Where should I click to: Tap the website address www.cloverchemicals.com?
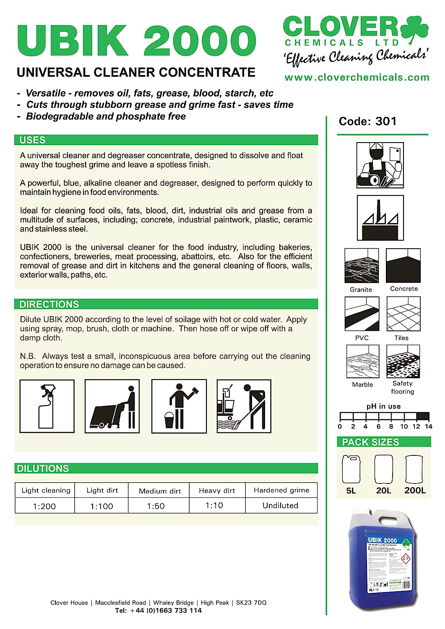click(x=357, y=78)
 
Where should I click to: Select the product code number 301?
click(x=386, y=122)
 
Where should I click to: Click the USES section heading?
click(x=33, y=140)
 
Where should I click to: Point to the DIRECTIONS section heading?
click(x=49, y=304)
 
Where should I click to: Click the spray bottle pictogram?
click(x=47, y=406)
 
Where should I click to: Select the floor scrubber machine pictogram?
click(x=112, y=406)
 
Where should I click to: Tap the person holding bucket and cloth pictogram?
click(x=179, y=406)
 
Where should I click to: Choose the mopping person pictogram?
click(x=244, y=406)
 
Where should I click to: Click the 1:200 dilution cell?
click(x=44, y=506)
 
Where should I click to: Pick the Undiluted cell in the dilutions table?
click(x=280, y=506)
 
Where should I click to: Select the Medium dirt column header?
click(x=160, y=491)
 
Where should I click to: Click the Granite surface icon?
click(x=361, y=265)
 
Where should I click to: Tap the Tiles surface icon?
click(x=403, y=314)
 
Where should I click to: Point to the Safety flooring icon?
click(x=403, y=361)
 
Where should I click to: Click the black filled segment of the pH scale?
click(x=423, y=416)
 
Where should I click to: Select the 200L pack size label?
click(x=415, y=491)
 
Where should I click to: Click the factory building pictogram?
click(x=380, y=218)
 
